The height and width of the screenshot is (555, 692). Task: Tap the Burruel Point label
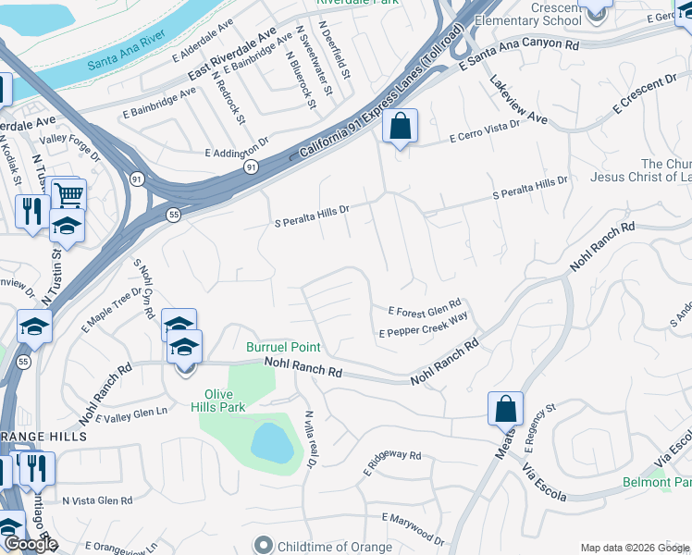283,348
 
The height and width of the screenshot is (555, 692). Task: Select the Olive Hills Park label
218,399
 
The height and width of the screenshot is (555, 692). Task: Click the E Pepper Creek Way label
424,327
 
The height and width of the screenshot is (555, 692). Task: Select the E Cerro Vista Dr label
485,134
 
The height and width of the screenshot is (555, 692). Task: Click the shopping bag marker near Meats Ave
506,409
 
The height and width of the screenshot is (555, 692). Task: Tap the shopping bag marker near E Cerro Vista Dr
401,127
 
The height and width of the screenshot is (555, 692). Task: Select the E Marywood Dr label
413,529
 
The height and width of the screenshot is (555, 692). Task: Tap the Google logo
31,544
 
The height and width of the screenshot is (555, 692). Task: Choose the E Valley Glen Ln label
134,415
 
